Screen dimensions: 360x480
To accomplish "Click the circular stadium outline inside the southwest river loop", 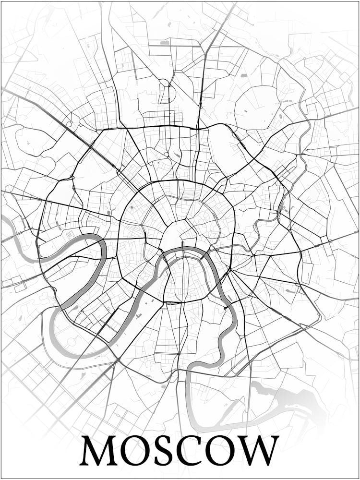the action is coord(72,341).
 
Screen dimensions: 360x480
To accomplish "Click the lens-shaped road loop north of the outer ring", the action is coord(165,94).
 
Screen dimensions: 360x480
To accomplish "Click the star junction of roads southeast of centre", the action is coord(230,271).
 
